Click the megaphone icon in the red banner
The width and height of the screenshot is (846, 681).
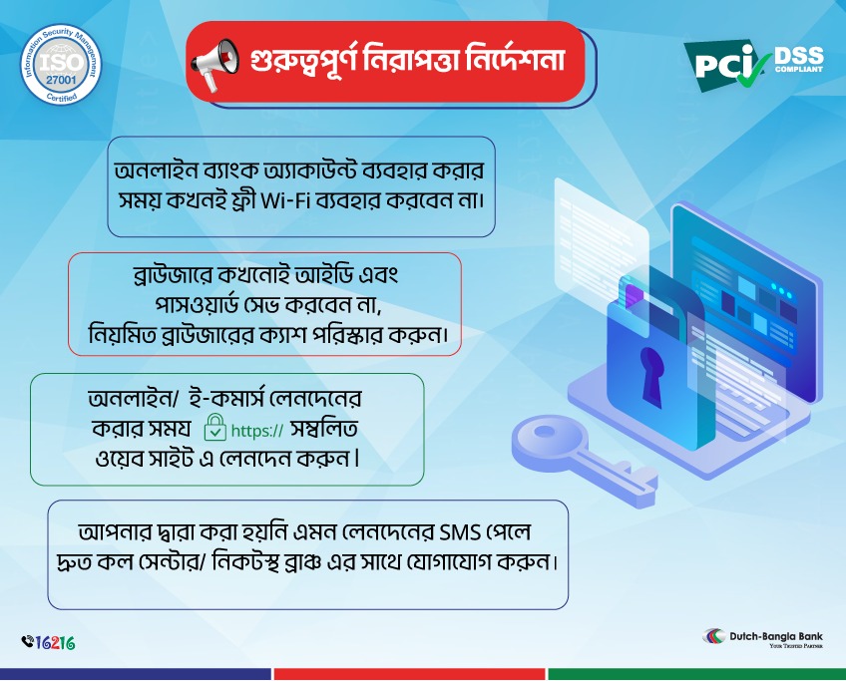click(214, 63)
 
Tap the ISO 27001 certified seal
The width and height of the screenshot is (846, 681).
click(61, 64)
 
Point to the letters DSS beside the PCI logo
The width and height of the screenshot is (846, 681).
click(799, 55)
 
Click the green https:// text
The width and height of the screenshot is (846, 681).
click(256, 431)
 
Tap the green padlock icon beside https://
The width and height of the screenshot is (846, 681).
click(214, 428)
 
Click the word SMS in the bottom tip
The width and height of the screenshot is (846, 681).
click(460, 532)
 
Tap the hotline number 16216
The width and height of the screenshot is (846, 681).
click(55, 643)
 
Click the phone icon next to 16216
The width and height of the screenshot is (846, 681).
click(28, 641)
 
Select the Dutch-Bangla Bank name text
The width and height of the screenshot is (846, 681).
click(776, 636)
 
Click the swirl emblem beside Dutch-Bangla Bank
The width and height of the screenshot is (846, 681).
click(714, 636)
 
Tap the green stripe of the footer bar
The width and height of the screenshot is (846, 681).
click(696, 674)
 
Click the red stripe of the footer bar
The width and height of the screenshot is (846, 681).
click(409, 674)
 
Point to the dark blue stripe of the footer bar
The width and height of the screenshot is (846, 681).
click(135, 674)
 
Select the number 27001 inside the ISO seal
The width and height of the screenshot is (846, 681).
click(61, 79)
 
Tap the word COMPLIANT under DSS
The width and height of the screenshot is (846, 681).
click(799, 69)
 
